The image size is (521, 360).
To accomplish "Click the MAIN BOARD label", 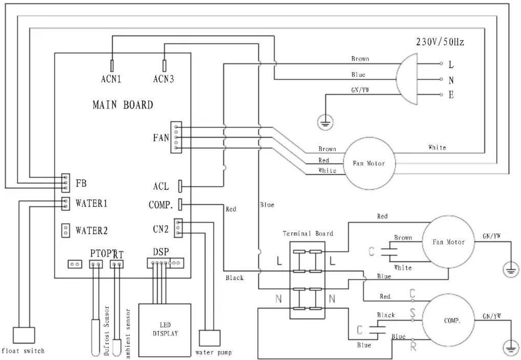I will point(123,105).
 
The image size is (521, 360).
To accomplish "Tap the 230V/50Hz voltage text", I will point(440,42).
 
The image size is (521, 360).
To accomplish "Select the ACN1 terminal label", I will point(111,79).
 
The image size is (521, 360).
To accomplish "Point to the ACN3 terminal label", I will point(164,79).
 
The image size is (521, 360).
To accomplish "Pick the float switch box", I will point(24,336).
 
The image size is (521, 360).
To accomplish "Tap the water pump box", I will point(210,338).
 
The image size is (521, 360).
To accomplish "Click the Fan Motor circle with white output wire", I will point(369,163).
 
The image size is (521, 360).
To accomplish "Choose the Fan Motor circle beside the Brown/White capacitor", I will point(448,242).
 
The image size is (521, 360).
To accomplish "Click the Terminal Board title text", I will point(308,233).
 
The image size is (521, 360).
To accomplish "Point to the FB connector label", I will point(81,183).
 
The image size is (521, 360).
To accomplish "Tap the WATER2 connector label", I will point(91,231).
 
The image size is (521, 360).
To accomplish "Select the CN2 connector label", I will point(161,229).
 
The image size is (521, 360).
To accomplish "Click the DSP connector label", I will point(161,252).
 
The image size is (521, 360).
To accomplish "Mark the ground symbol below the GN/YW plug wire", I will point(325,123).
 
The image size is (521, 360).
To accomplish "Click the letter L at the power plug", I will point(451,65).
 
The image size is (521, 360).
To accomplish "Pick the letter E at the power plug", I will point(451,95).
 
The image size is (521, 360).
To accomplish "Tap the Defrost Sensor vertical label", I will point(107,331).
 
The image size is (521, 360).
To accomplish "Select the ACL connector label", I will point(161,187).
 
